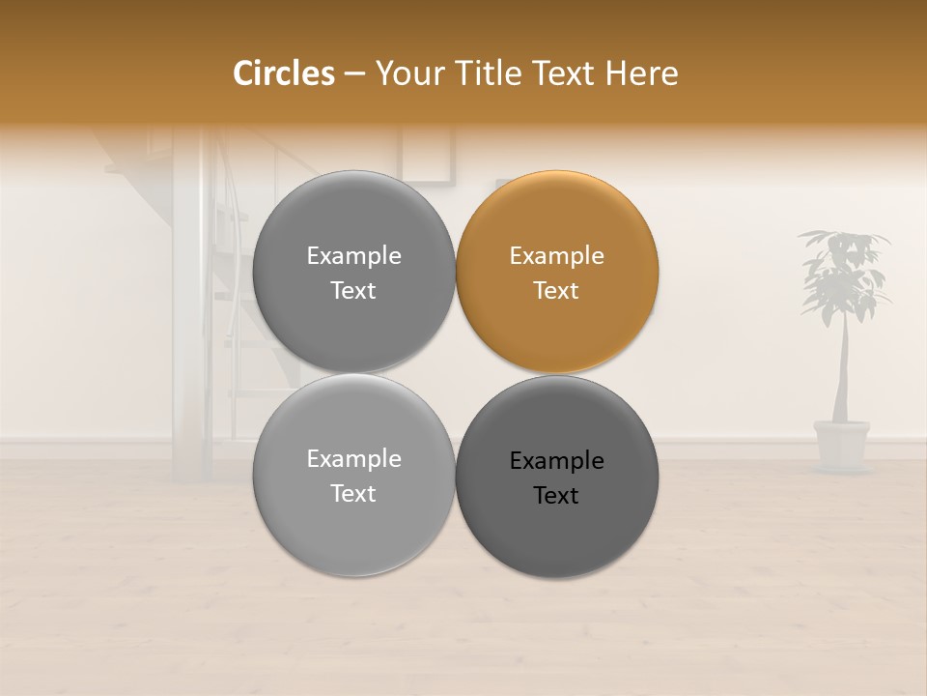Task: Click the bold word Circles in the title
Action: click(x=284, y=73)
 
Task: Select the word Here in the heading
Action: click(x=641, y=73)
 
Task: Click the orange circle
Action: click(x=557, y=319)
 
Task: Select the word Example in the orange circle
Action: click(x=556, y=256)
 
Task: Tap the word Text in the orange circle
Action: click(x=556, y=291)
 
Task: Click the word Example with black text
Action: click(x=556, y=461)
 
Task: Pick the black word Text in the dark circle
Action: click(x=556, y=496)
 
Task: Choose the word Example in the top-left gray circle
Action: click(x=353, y=256)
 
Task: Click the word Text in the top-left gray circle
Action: click(x=353, y=291)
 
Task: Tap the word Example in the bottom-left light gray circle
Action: click(x=353, y=459)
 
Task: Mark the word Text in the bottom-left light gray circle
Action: click(x=353, y=494)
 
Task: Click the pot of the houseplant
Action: click(x=841, y=444)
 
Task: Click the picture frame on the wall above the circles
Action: click(x=428, y=155)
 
